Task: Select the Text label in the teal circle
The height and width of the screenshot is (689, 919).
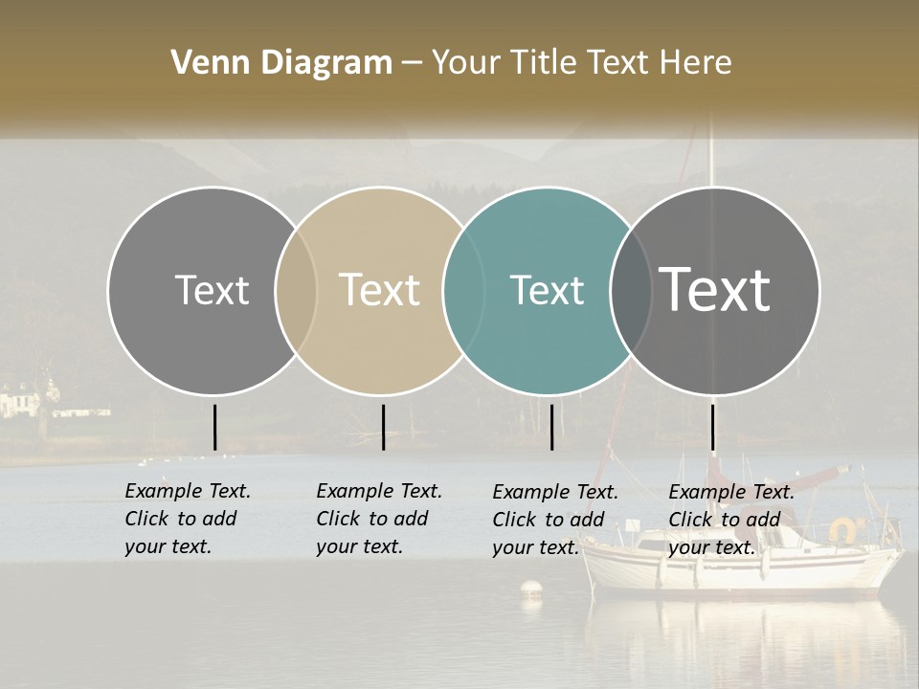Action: [x=547, y=290]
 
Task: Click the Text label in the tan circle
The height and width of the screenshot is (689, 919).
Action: [x=379, y=290]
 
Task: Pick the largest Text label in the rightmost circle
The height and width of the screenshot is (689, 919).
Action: [x=715, y=289]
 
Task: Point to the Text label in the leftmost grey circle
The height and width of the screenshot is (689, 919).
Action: [x=212, y=290]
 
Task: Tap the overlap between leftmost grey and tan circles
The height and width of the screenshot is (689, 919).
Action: [x=296, y=291]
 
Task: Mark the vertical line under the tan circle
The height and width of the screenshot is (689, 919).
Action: [x=383, y=427]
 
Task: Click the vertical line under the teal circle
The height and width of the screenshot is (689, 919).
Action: [x=552, y=427]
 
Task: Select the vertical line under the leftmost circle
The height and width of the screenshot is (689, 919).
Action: [x=214, y=427]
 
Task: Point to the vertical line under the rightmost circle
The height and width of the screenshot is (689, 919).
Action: [x=712, y=427]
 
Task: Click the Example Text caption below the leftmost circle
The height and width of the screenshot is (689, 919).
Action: [x=188, y=519]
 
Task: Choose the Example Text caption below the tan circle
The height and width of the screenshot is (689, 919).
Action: [x=379, y=519]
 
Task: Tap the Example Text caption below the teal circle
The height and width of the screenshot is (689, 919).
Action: [x=555, y=520]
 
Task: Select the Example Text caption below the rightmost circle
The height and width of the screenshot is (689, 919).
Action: [x=731, y=520]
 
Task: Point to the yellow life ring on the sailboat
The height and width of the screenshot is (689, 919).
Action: [x=843, y=528]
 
